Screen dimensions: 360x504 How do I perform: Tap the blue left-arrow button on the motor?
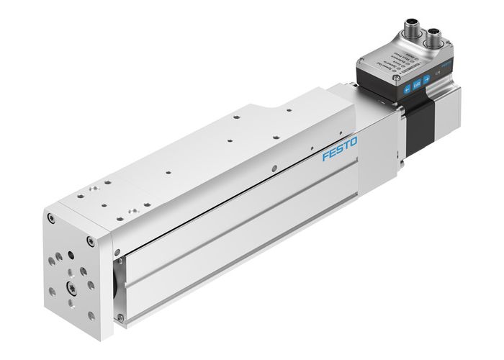[x=408, y=89]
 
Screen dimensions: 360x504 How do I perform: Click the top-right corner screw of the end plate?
[x=89, y=240]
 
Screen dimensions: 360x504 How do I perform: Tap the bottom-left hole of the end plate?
[x=52, y=293]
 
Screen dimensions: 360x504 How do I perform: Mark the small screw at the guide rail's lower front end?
[x=120, y=316]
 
